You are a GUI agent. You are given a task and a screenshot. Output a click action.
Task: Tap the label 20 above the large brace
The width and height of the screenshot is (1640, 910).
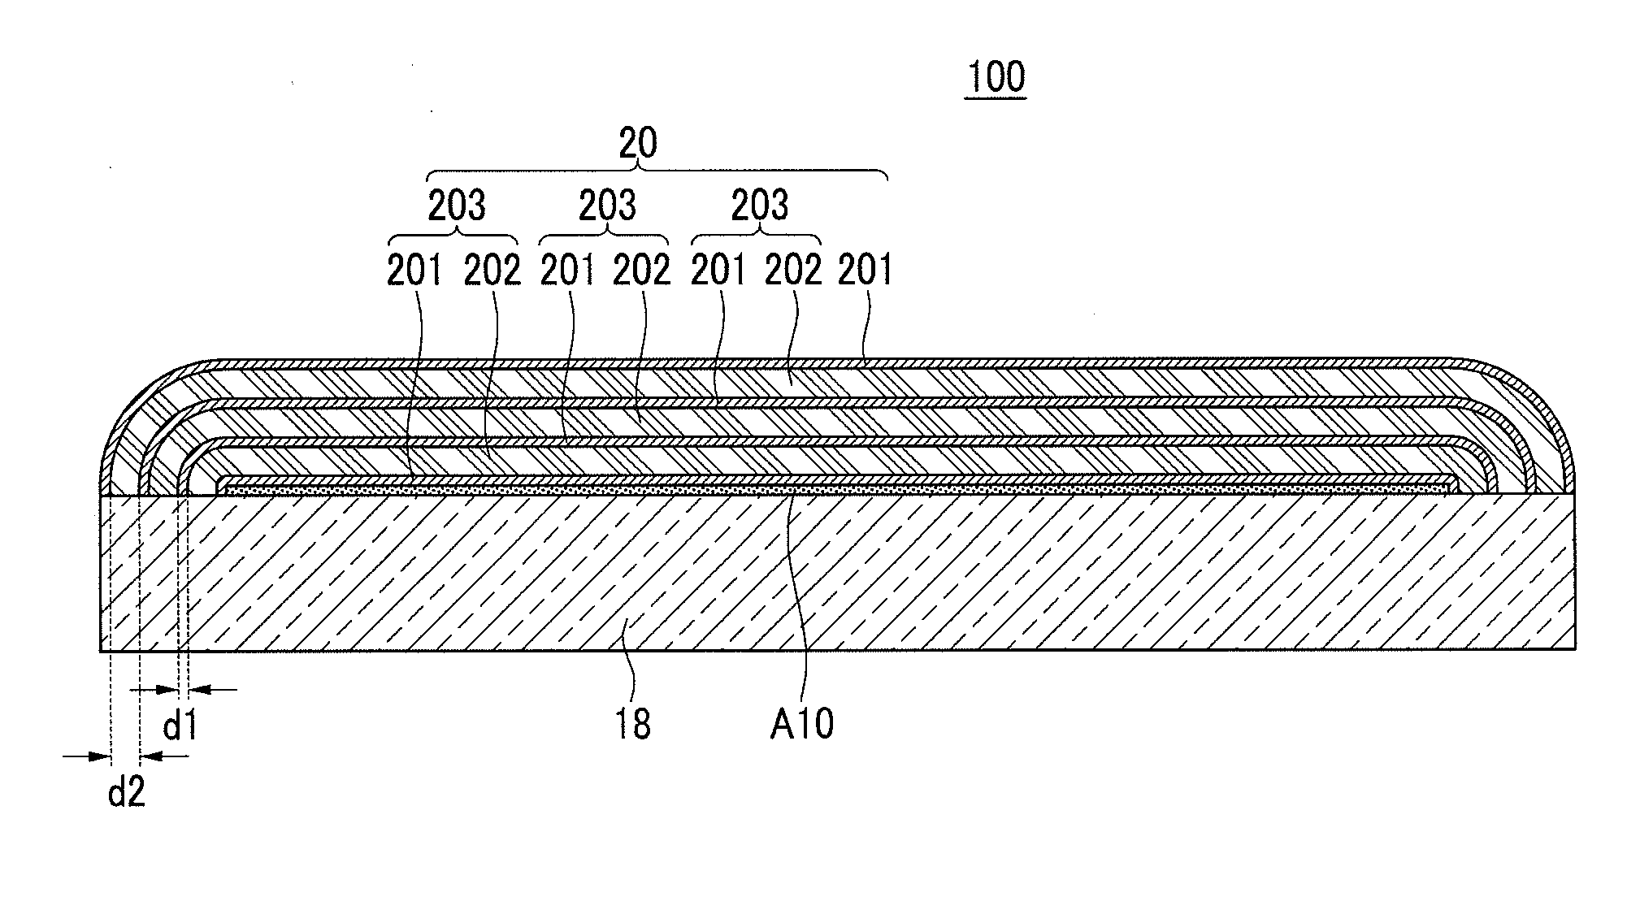(638, 144)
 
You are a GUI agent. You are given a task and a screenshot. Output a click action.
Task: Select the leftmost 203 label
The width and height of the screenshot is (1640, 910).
(457, 206)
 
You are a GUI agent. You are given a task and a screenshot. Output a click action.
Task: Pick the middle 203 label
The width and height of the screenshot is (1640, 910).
(607, 206)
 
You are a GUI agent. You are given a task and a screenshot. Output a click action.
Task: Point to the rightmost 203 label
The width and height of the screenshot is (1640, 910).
(759, 206)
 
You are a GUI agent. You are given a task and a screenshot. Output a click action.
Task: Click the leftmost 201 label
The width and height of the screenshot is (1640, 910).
(414, 271)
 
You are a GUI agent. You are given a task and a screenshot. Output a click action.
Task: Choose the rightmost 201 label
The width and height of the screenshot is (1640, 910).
(865, 271)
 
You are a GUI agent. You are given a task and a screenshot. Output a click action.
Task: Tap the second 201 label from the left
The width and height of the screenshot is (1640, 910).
(567, 271)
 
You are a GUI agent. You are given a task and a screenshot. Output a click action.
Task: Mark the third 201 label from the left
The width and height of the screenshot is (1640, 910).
(718, 271)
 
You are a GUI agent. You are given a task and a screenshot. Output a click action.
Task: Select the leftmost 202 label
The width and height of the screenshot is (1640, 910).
(492, 271)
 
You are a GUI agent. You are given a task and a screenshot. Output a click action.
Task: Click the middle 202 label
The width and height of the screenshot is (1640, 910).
(641, 271)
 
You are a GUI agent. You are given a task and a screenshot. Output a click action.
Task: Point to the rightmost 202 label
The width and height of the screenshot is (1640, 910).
(793, 271)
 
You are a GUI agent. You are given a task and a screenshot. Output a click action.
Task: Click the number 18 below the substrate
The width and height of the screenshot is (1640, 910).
(632, 724)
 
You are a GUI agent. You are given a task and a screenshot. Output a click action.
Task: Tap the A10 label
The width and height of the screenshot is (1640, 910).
(802, 724)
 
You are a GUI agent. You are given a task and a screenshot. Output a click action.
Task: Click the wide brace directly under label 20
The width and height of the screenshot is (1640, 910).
(657, 173)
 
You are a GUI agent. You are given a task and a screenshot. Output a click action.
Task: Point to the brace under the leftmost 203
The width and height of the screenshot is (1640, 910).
(453, 237)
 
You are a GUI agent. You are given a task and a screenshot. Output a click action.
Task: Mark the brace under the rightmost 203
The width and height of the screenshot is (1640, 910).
(756, 237)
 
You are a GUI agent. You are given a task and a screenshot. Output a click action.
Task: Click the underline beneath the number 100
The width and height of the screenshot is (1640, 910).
(996, 99)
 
